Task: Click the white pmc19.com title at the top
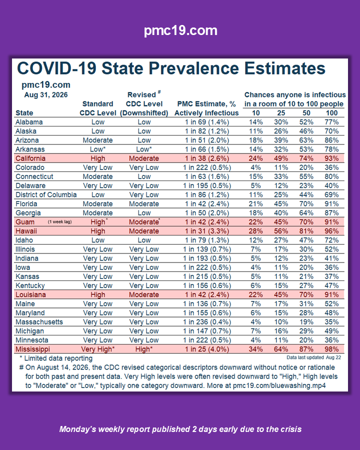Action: pos(180,30)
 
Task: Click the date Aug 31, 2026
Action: pos(46,95)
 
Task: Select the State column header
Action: pos(24,113)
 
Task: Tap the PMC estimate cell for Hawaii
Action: pos(207,231)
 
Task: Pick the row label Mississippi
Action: pos(32,349)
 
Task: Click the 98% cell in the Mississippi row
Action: pos(331,349)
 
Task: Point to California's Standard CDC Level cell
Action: pos(98,158)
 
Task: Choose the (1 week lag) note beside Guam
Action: pos(59,222)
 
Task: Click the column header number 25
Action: pos(281,113)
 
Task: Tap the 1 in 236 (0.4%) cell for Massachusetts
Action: pos(207,322)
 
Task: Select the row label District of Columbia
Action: pos(46,194)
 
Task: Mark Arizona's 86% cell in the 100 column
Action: pos(331,140)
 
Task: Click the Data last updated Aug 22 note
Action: pos(314,357)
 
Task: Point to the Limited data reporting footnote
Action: pos(56,358)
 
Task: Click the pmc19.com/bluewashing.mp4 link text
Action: pos(279,385)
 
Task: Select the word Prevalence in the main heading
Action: pos(194,68)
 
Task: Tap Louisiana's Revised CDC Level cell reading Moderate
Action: pos(144,294)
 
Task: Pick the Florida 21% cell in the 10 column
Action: pos(256,204)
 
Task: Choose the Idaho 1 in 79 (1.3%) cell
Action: pos(207,240)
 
